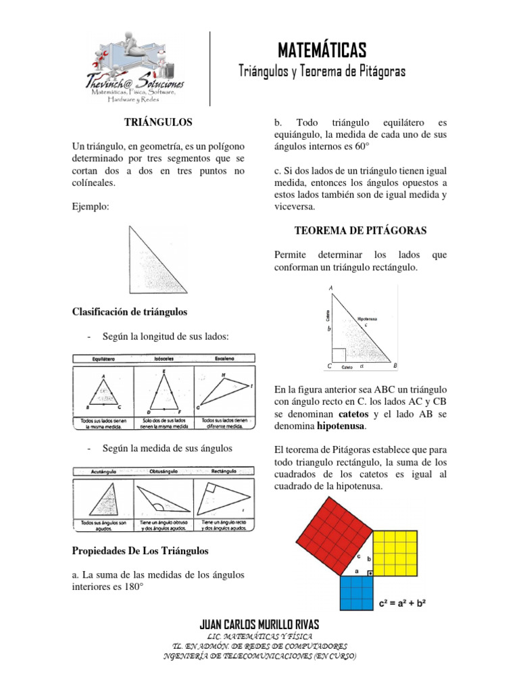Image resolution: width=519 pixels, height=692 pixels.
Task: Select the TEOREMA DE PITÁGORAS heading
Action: point(361,230)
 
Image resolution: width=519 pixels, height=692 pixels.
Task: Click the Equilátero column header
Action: point(102,358)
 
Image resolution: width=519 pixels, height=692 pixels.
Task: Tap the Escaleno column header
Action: point(224,358)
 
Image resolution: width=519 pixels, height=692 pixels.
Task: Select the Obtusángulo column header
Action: point(163,472)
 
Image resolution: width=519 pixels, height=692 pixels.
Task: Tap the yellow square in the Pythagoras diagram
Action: point(399,551)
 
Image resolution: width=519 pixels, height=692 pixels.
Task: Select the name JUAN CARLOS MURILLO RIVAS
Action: point(260,624)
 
